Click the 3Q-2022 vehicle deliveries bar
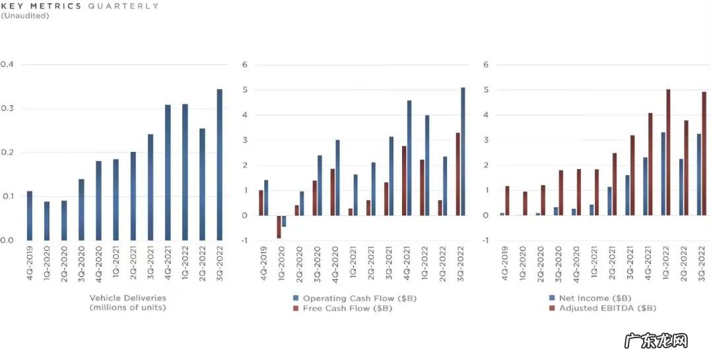219,164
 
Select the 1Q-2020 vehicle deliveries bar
47,221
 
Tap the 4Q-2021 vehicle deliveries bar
168,172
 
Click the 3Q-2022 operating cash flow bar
463,151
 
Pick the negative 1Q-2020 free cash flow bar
279,227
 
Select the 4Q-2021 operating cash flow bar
409,158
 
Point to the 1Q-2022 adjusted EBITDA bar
668,153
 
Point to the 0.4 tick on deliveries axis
7,65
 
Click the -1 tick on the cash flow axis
244,240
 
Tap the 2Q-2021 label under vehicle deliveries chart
133,265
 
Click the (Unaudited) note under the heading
25,15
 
